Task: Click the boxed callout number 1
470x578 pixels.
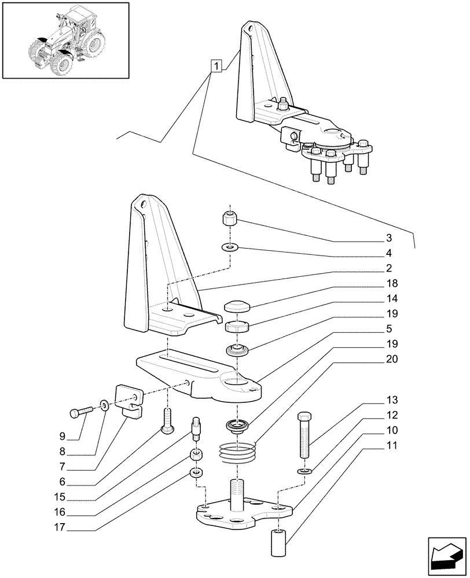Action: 216,67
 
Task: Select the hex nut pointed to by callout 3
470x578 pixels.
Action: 230,220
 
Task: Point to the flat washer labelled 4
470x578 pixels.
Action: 230,248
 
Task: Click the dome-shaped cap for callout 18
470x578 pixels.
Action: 236,306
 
